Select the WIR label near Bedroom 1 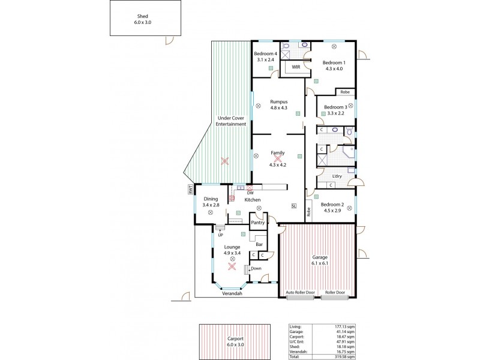[x=296, y=67]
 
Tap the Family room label [x=277, y=152]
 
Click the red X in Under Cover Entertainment [x=224, y=161]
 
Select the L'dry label [x=337, y=176]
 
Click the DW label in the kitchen [x=250, y=193]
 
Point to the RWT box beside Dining [x=190, y=190]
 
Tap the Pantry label [x=258, y=223]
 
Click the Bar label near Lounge [x=259, y=244]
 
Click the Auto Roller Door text [x=299, y=293]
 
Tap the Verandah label [x=232, y=294]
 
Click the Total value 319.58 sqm [x=340, y=356]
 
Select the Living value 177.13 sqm [x=340, y=326]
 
